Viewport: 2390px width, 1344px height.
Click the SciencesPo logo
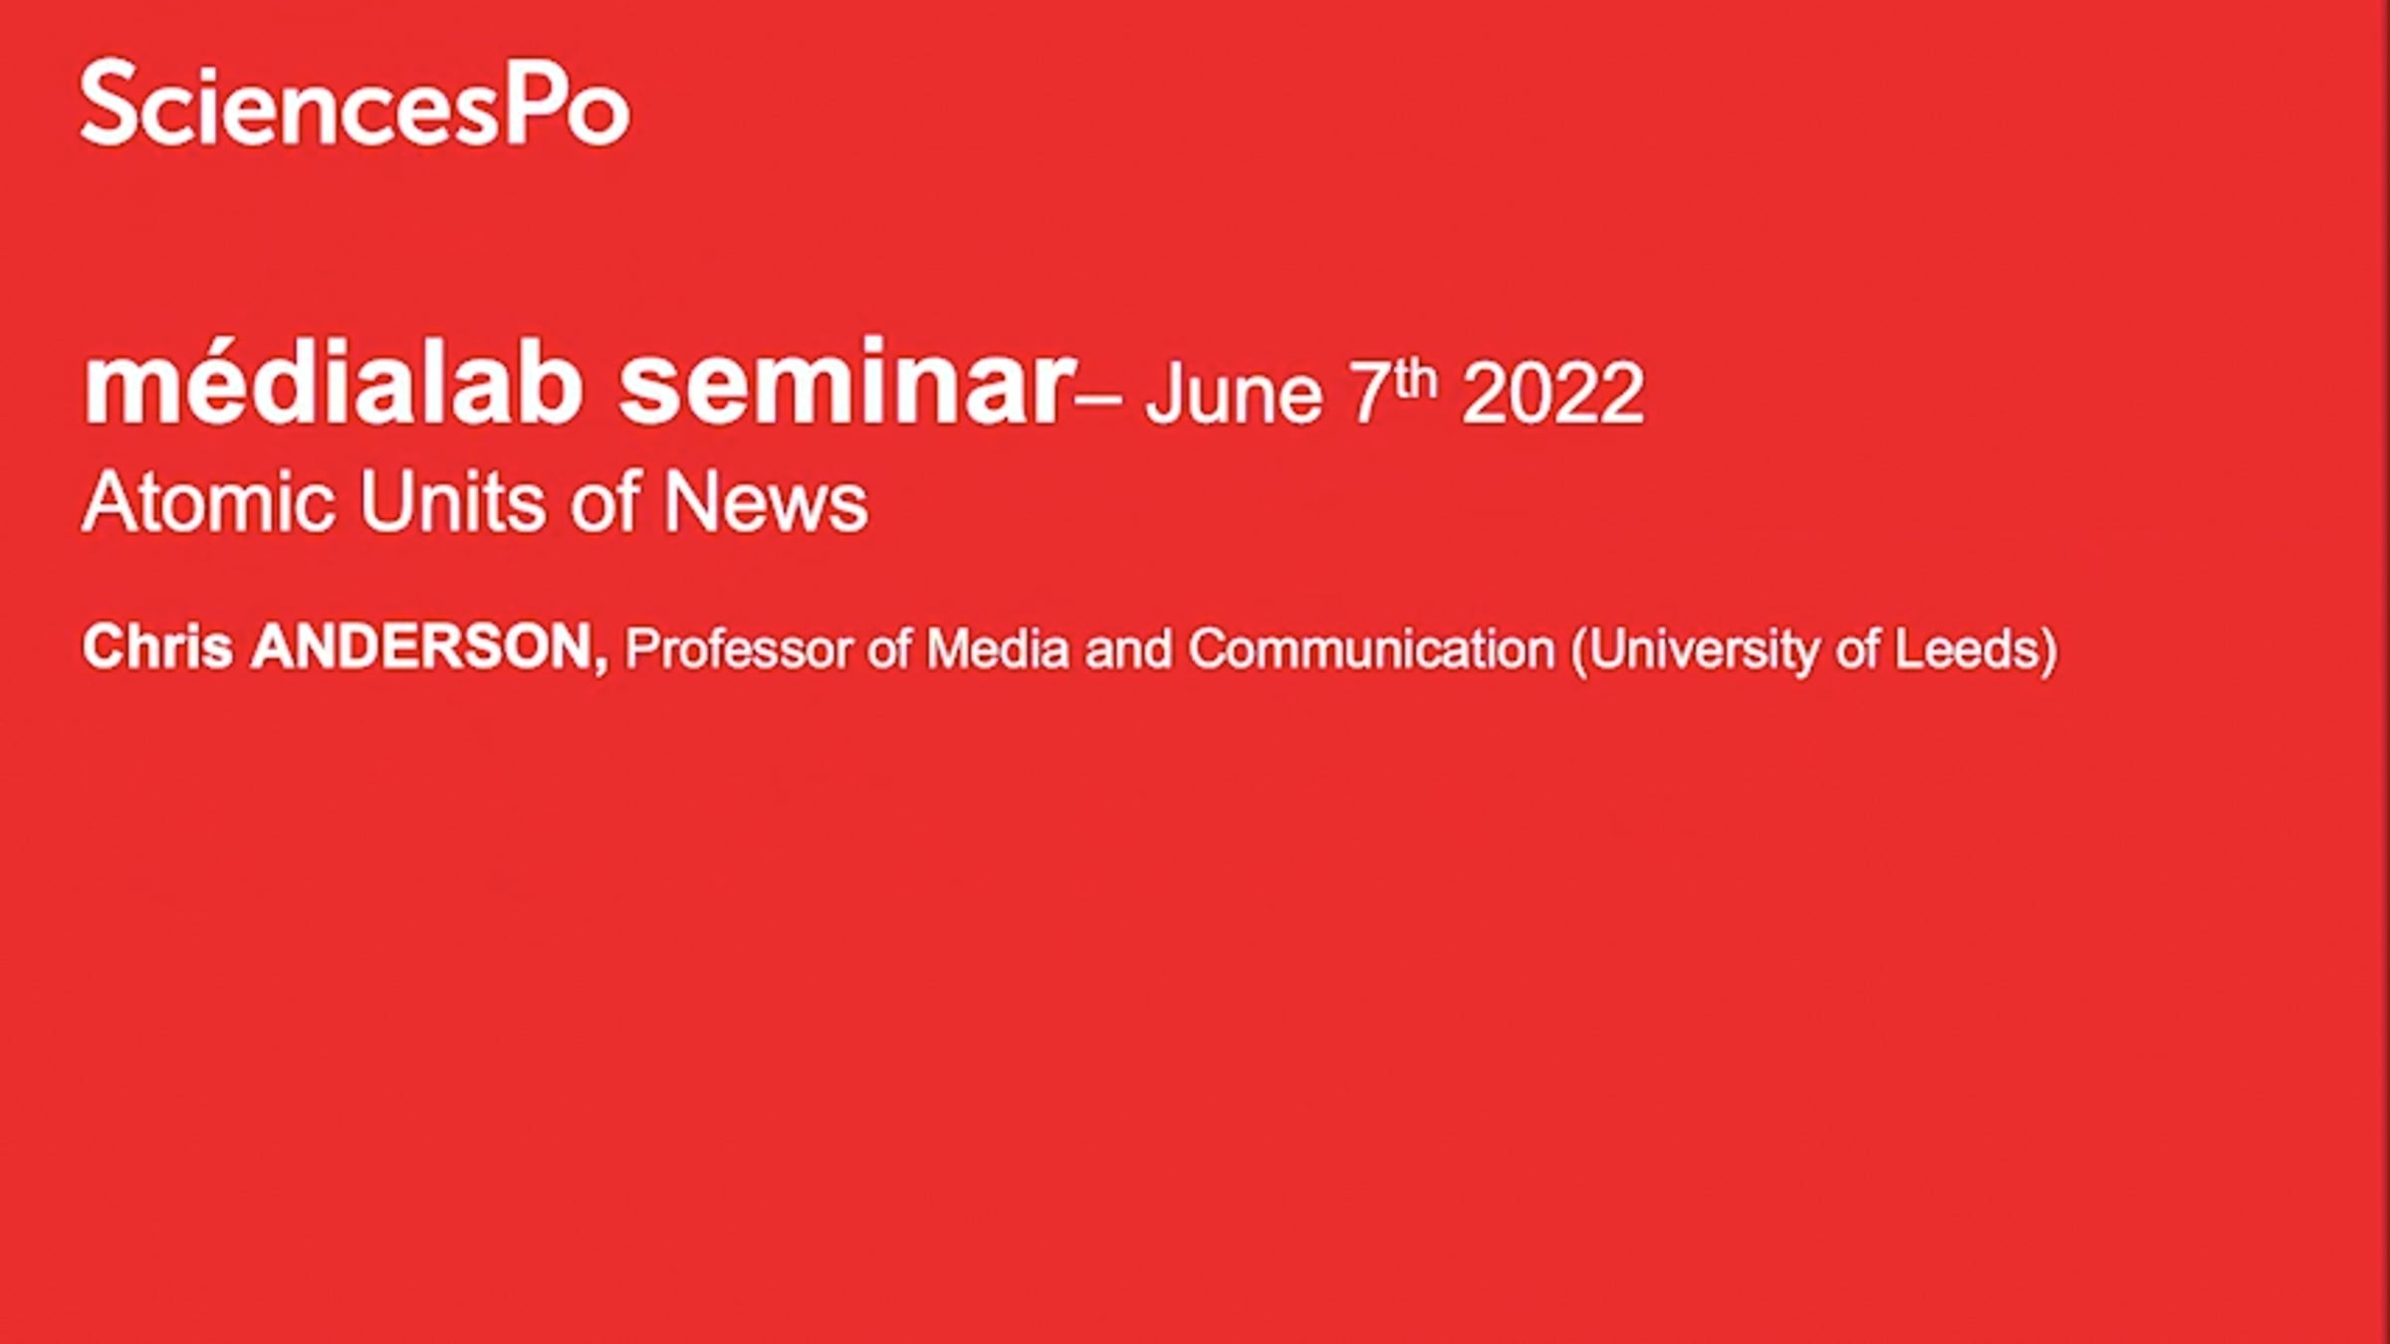click(355, 103)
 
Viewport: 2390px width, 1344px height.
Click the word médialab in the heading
click(333, 384)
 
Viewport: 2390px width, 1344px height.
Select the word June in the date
click(1234, 393)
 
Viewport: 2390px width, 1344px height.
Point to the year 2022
click(1553, 394)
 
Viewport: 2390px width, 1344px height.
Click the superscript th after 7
click(1416, 380)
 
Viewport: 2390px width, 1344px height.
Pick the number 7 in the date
click(1368, 394)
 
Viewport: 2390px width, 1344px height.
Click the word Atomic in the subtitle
click(208, 501)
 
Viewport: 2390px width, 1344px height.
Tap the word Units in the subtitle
click(453, 501)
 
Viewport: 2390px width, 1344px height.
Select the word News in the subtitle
click(765, 501)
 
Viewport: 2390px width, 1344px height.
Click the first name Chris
click(157, 647)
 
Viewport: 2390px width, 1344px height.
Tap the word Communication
click(1371, 650)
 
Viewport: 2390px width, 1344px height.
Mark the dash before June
click(1099, 400)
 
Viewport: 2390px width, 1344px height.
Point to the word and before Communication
click(1128, 650)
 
